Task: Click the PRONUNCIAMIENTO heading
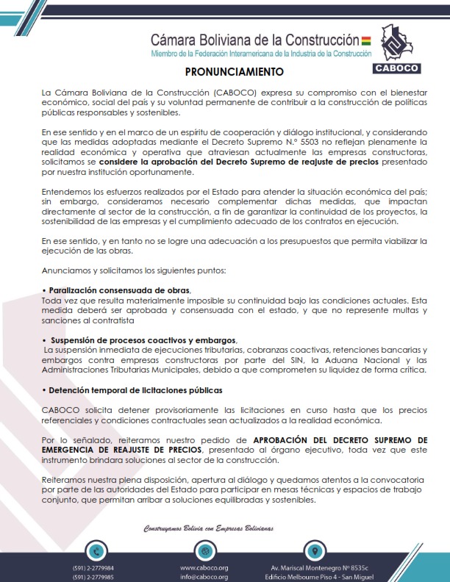(x=233, y=73)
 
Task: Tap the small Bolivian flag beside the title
(x=366, y=38)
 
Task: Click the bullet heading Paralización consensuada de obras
(x=121, y=290)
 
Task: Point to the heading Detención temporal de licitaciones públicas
(x=132, y=389)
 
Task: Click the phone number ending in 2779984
(x=93, y=568)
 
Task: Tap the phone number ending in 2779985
(x=93, y=577)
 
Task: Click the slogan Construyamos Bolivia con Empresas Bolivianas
(x=208, y=528)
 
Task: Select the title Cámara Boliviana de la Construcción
(x=254, y=40)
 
